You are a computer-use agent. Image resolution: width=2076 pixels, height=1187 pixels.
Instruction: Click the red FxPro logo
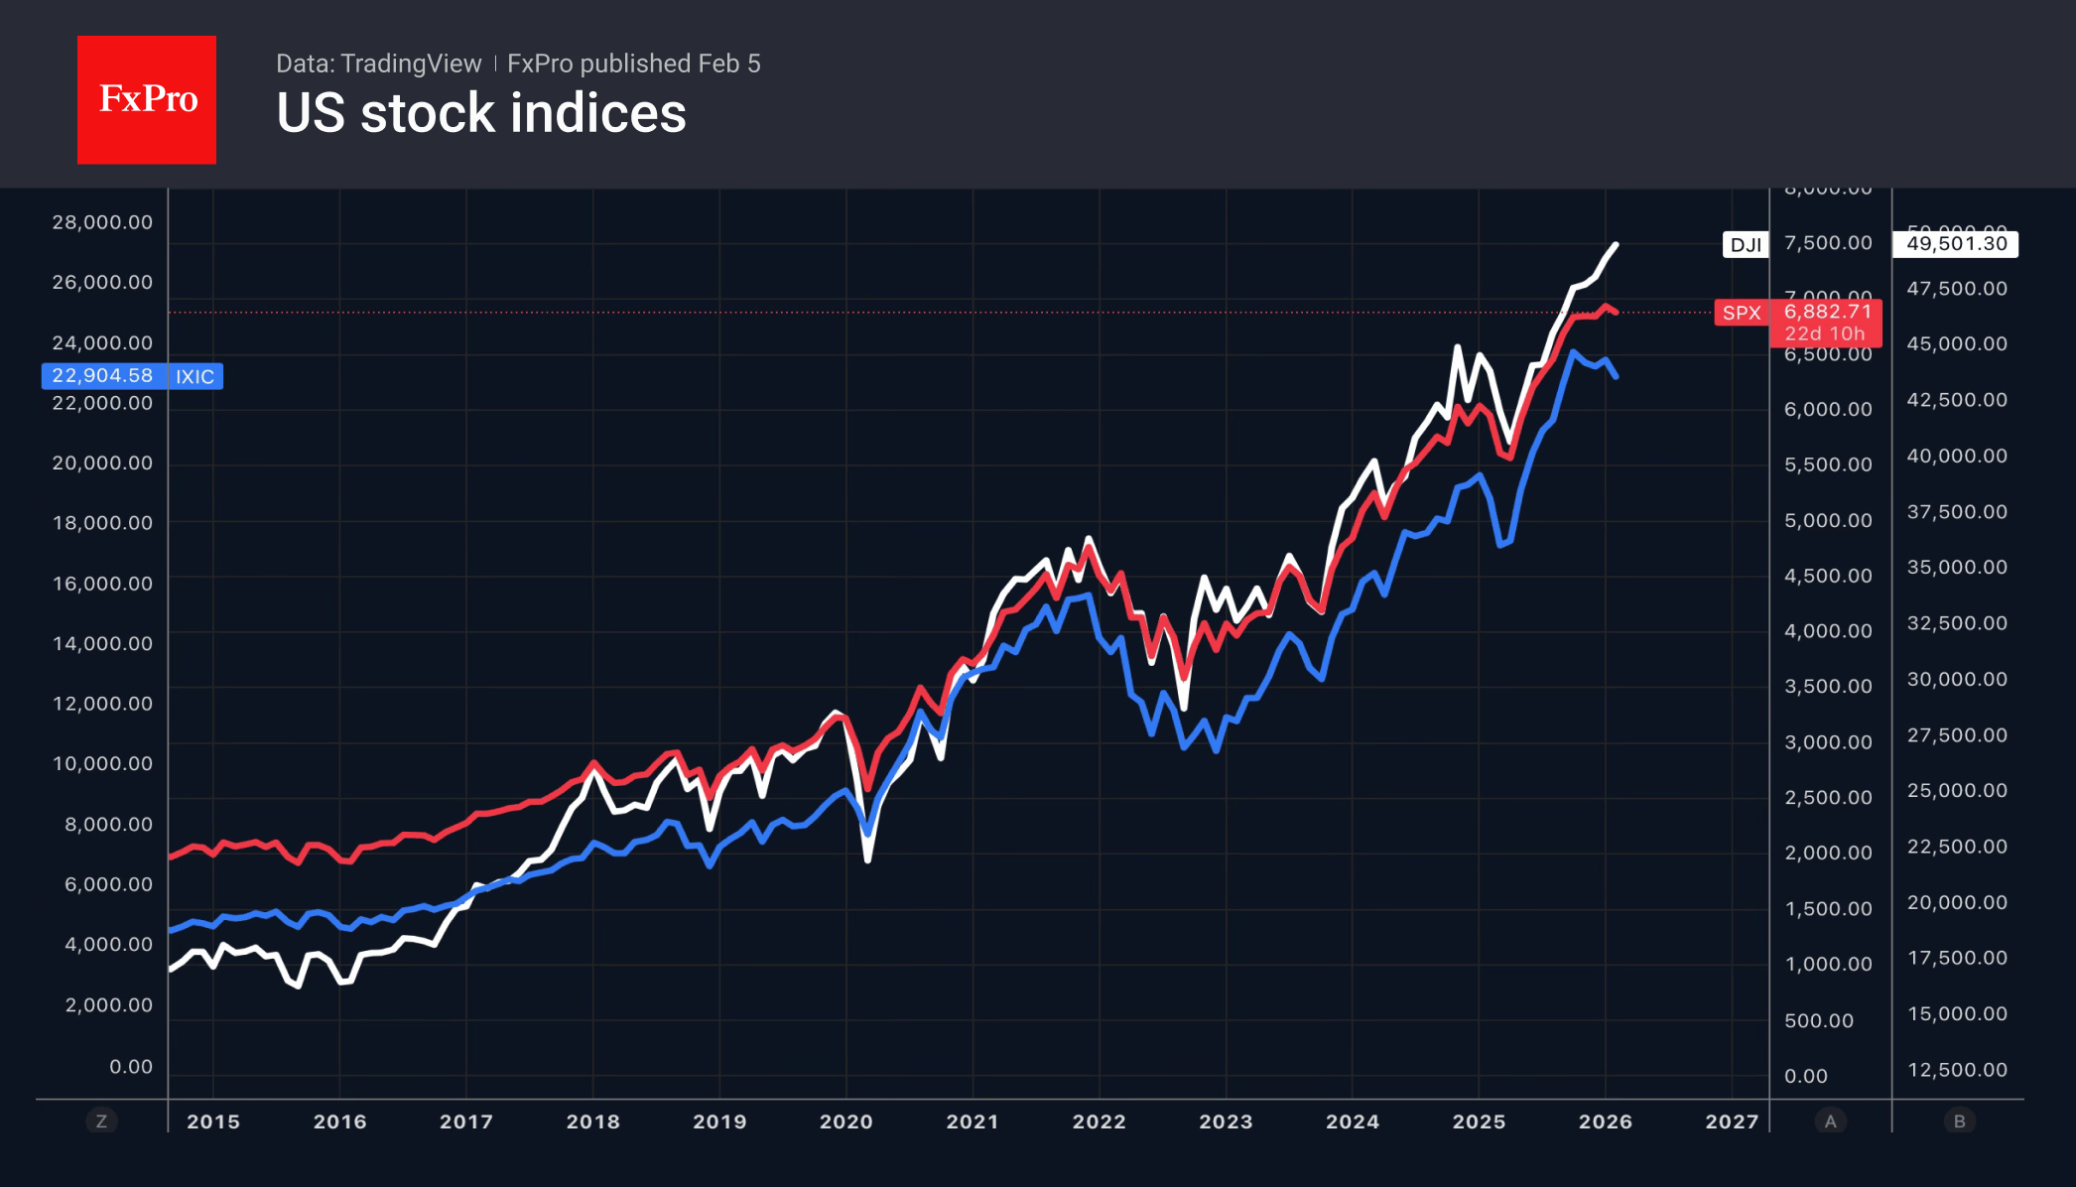tap(147, 99)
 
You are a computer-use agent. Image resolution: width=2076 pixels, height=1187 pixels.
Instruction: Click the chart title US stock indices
tap(480, 113)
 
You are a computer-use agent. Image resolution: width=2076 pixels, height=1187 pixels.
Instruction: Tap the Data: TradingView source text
tap(378, 64)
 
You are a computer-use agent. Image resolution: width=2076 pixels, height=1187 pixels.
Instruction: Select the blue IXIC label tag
tap(195, 376)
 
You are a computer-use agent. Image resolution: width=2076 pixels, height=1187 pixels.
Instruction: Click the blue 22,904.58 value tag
tap(103, 376)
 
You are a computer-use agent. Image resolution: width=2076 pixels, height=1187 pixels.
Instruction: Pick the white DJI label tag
tap(1745, 245)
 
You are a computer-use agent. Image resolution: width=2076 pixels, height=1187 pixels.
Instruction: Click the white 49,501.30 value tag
tap(1956, 244)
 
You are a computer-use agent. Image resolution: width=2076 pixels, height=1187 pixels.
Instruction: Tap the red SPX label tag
tap(1742, 313)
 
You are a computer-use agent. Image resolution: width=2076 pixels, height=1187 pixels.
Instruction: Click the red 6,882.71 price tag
tap(1827, 312)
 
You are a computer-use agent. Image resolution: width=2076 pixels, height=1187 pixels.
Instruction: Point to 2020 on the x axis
tap(845, 1121)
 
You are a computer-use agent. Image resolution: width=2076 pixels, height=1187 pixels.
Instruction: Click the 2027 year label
tap(1732, 1121)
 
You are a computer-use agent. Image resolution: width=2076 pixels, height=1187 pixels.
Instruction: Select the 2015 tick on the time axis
tap(213, 1121)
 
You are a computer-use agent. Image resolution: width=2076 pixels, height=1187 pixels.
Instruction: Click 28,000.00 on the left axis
tap(103, 222)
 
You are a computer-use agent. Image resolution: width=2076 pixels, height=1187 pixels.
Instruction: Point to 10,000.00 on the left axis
tap(103, 764)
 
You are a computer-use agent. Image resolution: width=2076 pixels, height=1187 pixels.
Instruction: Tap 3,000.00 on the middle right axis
tap(1828, 742)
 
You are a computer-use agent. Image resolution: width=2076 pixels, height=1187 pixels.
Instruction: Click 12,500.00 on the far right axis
tap(1956, 1070)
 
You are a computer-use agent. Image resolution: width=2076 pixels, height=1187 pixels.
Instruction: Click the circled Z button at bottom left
tap(101, 1121)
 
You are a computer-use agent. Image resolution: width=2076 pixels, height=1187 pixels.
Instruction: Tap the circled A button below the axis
tap(1831, 1121)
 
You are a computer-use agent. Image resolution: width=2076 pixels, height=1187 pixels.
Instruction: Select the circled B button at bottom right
tap(1959, 1121)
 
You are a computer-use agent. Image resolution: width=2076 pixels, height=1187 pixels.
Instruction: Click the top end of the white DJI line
tap(1617, 244)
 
